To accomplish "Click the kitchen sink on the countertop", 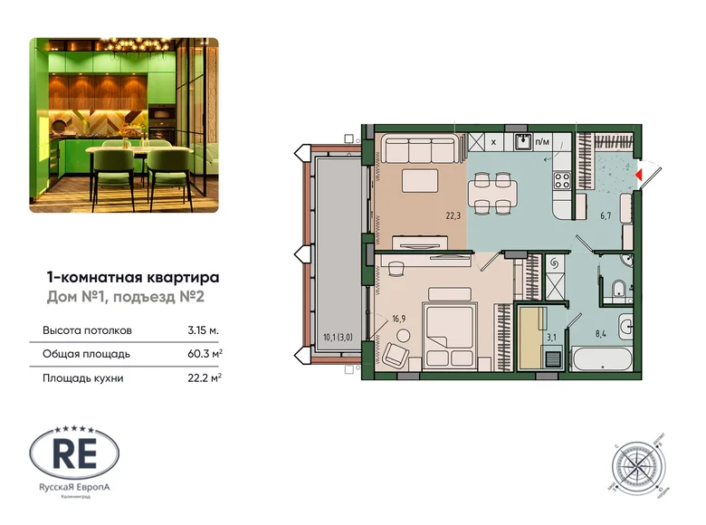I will click(x=522, y=141).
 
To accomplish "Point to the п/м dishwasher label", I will click(x=543, y=142).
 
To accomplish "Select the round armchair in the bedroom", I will click(x=398, y=354).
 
